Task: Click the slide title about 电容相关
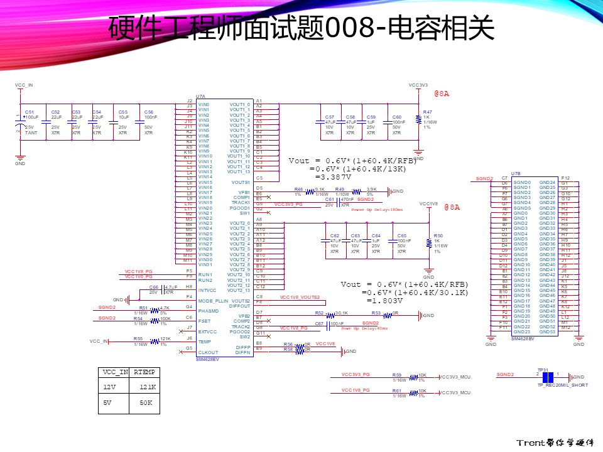(301, 28)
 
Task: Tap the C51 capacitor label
(29, 112)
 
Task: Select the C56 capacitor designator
(148, 112)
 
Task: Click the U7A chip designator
(200, 97)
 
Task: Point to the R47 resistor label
(427, 112)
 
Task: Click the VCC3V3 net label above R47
(418, 85)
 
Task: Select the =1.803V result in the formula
(384, 301)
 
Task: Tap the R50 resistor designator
(438, 235)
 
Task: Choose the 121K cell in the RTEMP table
(148, 387)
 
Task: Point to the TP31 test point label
(543, 370)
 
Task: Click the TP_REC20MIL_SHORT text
(562, 385)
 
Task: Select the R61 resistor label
(397, 390)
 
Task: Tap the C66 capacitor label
(154, 287)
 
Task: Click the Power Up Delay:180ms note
(377, 210)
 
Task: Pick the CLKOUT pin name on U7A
(207, 352)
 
